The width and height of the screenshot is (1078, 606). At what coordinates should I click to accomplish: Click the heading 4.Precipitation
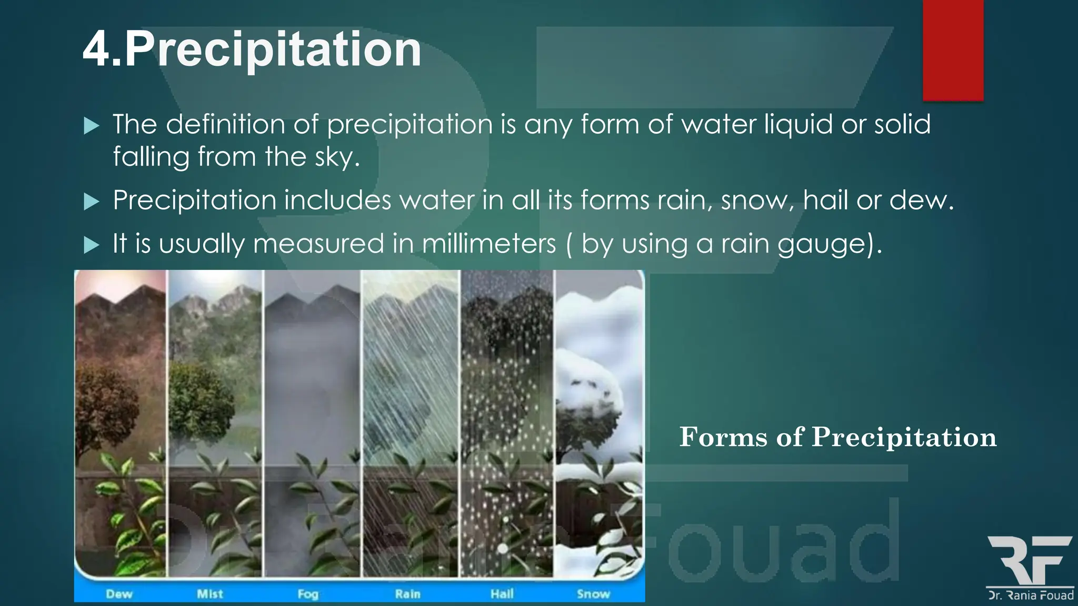click(x=252, y=49)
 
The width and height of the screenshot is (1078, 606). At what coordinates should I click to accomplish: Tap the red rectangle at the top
click(x=953, y=50)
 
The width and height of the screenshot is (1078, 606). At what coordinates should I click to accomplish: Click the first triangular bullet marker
click(x=92, y=126)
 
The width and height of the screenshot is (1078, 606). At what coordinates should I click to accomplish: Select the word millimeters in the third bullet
click(x=489, y=244)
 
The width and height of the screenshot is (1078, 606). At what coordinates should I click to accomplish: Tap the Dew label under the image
click(x=119, y=594)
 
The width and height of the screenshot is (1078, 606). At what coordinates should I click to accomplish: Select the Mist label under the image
click(x=209, y=594)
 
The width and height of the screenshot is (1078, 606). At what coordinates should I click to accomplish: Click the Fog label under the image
click(x=308, y=594)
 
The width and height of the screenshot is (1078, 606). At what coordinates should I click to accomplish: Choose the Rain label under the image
click(x=407, y=594)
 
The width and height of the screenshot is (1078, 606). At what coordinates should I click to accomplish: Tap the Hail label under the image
click(x=502, y=594)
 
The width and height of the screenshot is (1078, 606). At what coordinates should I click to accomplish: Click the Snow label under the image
click(x=593, y=594)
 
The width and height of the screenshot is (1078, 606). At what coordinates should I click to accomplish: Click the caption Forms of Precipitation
click(x=837, y=437)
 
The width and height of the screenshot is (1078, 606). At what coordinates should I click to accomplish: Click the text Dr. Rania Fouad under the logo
click(x=1031, y=595)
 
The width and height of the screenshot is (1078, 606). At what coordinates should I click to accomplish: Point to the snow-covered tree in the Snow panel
click(x=587, y=400)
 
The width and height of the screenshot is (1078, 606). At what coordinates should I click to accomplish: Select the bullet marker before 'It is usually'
click(x=92, y=245)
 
